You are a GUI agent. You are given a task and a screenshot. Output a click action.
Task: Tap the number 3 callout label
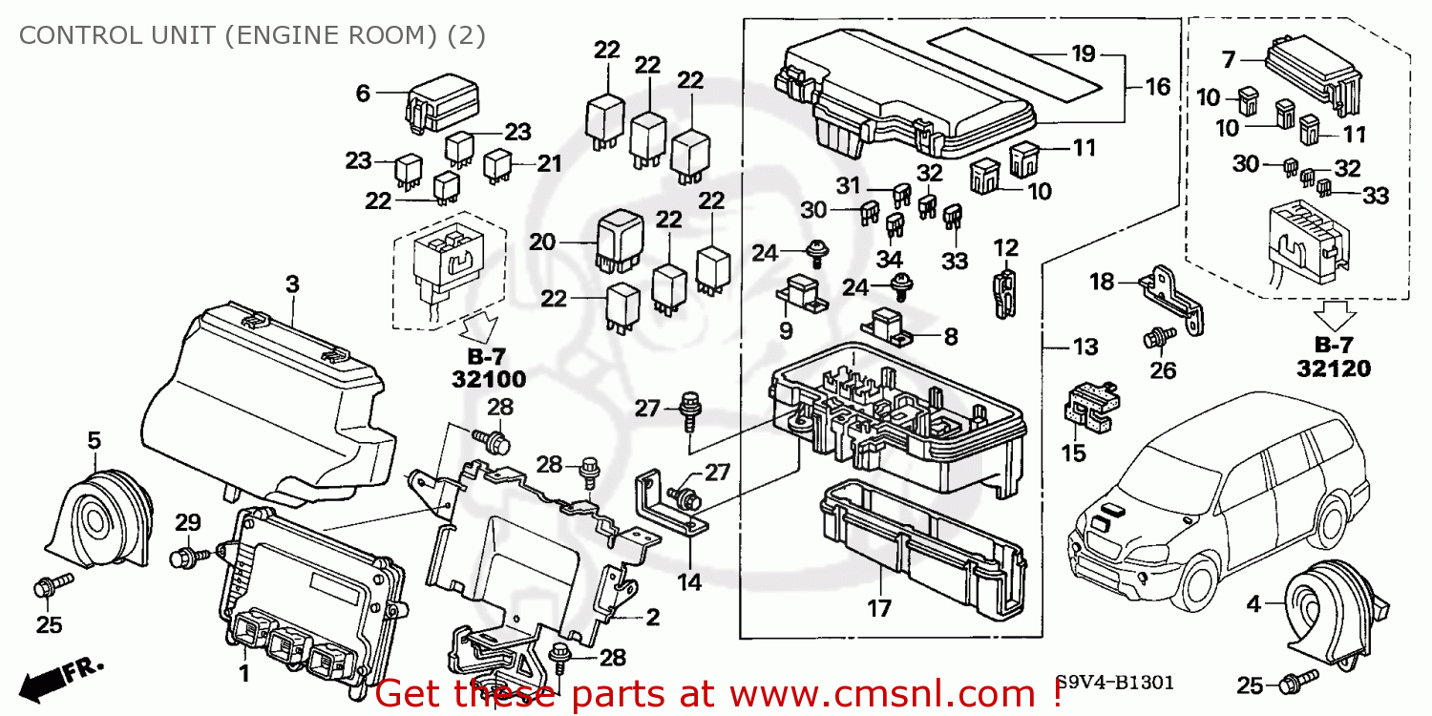click(292, 284)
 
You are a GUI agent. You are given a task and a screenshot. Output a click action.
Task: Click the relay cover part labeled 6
click(443, 103)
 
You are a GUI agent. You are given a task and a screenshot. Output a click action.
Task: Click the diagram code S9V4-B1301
click(1114, 684)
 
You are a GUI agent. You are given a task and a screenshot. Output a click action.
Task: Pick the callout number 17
click(878, 607)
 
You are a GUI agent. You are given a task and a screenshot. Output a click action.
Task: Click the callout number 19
click(1083, 53)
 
